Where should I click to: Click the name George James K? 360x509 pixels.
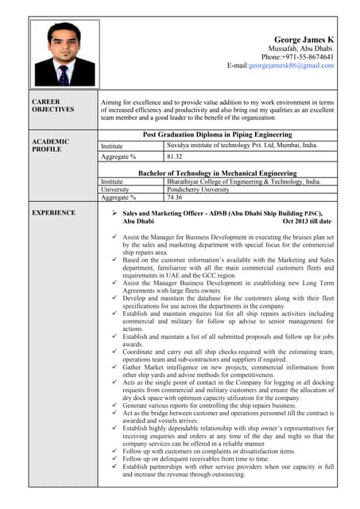point(304,39)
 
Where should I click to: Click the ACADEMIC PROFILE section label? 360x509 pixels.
point(49,146)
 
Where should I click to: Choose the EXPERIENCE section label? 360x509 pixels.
point(54,212)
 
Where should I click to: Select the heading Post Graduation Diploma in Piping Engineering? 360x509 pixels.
point(217,135)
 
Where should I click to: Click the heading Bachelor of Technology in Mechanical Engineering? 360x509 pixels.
point(217,173)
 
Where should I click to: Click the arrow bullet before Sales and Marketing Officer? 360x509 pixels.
point(115,213)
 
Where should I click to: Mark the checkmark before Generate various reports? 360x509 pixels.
point(115,406)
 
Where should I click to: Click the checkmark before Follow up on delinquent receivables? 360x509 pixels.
point(115,458)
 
